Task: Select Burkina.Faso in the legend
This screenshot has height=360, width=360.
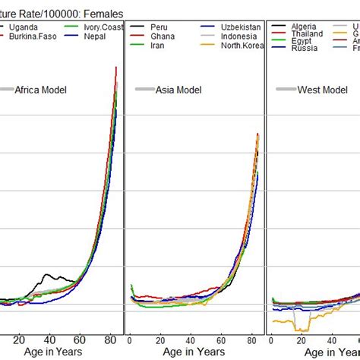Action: tap(30, 36)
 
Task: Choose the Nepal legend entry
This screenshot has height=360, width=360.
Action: tap(94, 36)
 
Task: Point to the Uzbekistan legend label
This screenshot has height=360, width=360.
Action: tap(241, 27)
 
